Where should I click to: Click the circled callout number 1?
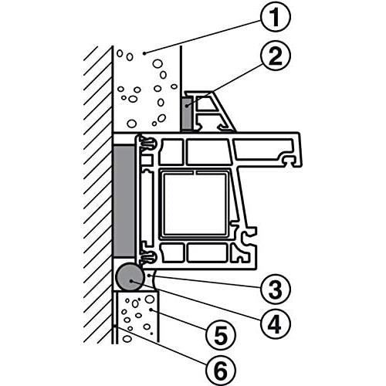pyautogui.click(x=275, y=16)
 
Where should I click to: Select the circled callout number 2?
pyautogui.click(x=275, y=56)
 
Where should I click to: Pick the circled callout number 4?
pyautogui.click(x=275, y=323)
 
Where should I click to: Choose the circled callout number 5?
pyautogui.click(x=221, y=334)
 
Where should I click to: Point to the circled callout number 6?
pyautogui.click(x=221, y=371)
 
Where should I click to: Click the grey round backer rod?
pyautogui.click(x=129, y=277)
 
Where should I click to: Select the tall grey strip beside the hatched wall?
pyautogui.click(x=124, y=201)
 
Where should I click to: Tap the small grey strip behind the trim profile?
pyautogui.click(x=187, y=113)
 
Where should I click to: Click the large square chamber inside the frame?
pyautogui.click(x=195, y=204)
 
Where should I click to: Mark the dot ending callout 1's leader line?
pyautogui.click(x=144, y=53)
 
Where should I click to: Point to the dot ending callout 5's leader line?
pyautogui.click(x=151, y=310)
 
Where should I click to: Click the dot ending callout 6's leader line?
pyautogui.click(x=115, y=327)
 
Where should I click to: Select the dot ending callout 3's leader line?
pyautogui.click(x=150, y=276)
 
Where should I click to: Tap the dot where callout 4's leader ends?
pyautogui.click(x=131, y=281)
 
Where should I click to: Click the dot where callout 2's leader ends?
pyautogui.click(x=188, y=105)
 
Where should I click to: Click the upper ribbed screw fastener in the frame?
pyautogui.click(x=147, y=143)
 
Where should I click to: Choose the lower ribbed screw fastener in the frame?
pyautogui.click(x=147, y=256)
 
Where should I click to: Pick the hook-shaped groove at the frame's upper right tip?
pyautogui.click(x=289, y=161)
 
